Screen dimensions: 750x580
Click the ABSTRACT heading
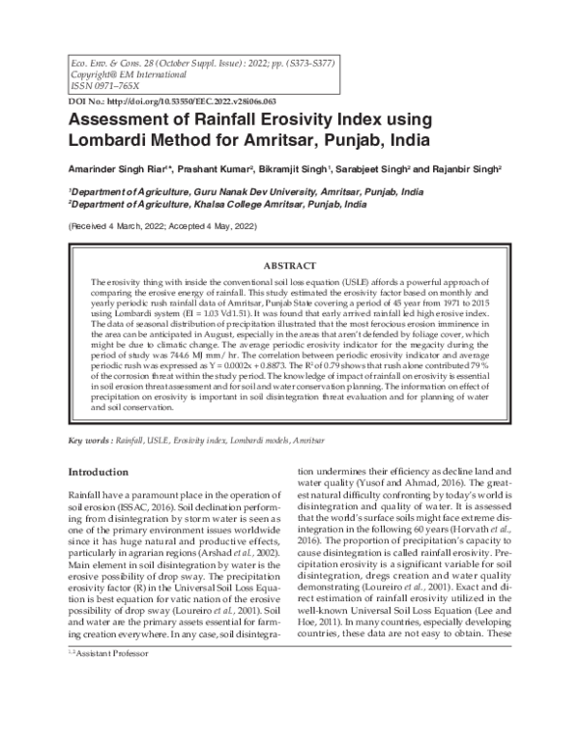(289, 265)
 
